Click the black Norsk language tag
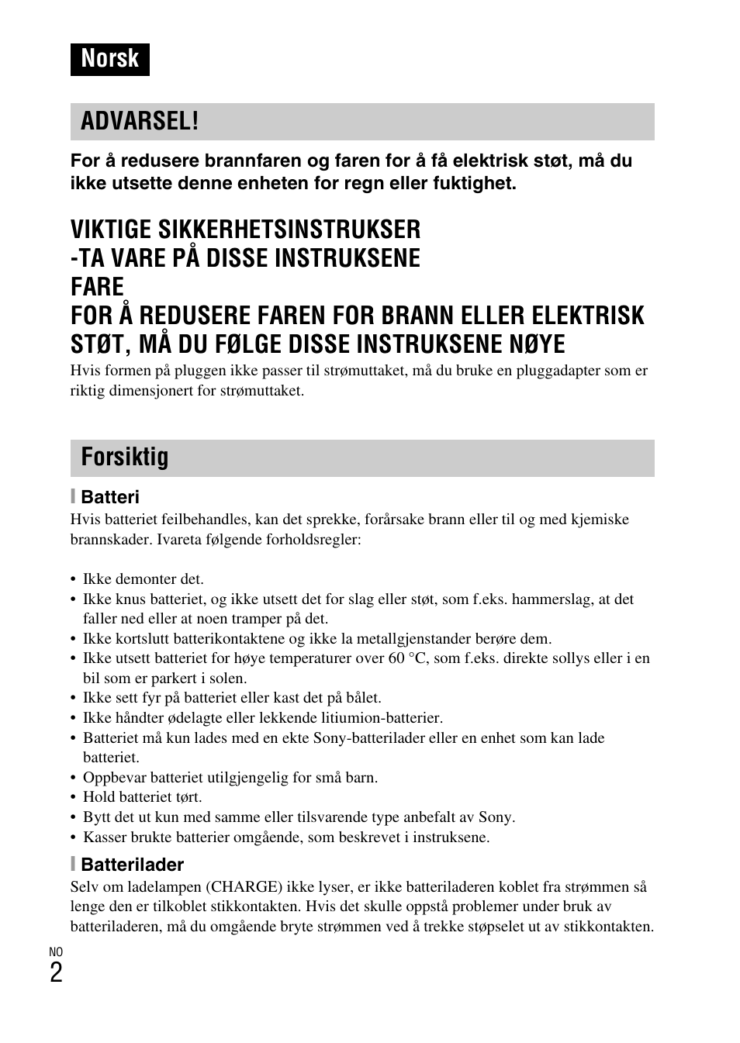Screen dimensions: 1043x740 click(109, 59)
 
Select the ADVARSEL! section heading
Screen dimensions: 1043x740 click(140, 122)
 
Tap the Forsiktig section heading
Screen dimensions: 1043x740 click(124, 458)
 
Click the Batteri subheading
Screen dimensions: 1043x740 click(109, 497)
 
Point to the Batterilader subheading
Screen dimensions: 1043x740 click(132, 865)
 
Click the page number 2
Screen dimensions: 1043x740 click(56, 972)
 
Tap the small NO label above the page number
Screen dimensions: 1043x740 click(56, 951)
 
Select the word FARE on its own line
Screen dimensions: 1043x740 click(97, 287)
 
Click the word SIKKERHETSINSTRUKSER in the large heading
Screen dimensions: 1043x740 click(289, 230)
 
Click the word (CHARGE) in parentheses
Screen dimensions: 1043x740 click(243, 887)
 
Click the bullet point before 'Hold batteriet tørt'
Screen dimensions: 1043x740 click(74, 797)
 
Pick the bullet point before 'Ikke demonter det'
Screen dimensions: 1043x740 click(74, 579)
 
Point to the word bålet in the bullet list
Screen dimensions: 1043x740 click(361, 698)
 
